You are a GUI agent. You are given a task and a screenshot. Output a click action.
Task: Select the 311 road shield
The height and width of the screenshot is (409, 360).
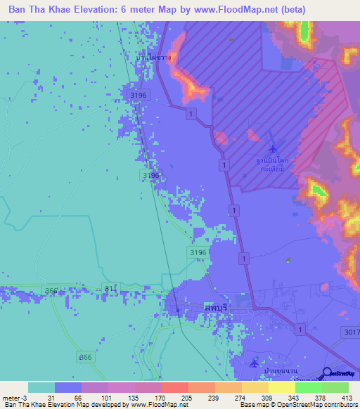point(109,288)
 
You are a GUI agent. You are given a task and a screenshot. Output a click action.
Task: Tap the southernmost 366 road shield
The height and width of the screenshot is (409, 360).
point(86,357)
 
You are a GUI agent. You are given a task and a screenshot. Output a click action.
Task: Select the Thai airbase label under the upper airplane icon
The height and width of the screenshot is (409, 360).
point(273,164)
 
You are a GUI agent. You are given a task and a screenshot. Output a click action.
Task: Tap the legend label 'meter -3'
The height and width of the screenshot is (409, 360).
point(14,397)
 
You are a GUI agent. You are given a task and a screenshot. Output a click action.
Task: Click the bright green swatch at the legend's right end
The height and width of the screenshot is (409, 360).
point(335,387)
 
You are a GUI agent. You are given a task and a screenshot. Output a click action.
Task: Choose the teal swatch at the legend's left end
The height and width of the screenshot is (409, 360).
point(41,387)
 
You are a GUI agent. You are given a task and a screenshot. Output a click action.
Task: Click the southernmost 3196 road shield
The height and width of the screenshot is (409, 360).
point(198,252)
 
